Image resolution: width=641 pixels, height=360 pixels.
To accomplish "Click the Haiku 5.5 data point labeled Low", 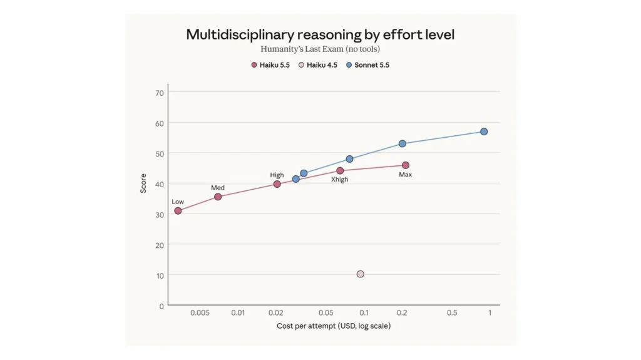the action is pos(178,211).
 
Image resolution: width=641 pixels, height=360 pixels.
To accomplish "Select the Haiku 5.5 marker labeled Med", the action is pos(218,197).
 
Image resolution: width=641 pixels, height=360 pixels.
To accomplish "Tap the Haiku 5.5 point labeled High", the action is pos(277,184).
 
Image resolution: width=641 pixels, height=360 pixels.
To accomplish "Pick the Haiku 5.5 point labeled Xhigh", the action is pos(340,170).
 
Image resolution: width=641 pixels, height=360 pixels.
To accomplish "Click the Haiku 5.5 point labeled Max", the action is pos(406,165).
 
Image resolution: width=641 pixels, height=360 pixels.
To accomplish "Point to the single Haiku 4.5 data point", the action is pos(360,274).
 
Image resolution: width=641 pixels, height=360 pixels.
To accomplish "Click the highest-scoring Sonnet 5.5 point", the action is pos(484,131).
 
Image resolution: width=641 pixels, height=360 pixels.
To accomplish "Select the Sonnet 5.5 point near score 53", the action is pos(403,143).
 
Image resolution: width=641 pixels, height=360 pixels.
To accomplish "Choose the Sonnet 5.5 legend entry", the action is pos(367,65).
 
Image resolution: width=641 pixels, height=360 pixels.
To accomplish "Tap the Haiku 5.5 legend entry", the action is pos(270,65).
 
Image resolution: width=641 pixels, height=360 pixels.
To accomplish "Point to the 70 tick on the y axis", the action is pos(160,93).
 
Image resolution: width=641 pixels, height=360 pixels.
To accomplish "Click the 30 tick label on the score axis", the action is pos(160,215).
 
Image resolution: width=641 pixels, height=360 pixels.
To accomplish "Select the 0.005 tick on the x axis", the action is pos(200,313).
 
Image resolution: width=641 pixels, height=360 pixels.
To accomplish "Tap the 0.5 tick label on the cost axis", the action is pos(452,313).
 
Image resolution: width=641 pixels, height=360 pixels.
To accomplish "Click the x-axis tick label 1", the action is pos(490,313).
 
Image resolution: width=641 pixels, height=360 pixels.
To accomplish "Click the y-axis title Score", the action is pos(143,183).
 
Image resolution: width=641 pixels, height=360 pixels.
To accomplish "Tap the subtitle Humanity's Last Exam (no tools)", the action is pos(320,49).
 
